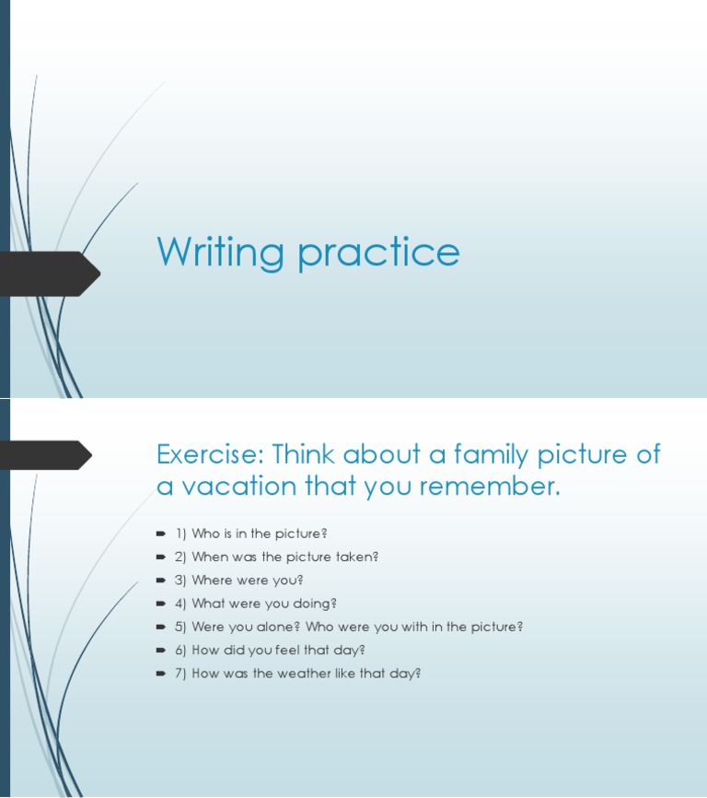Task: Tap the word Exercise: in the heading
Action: [209, 454]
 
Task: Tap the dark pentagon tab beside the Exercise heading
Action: [46, 454]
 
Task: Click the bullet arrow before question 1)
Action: [161, 534]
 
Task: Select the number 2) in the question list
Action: [180, 557]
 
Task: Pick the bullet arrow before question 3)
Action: [161, 581]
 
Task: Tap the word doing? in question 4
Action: [314, 604]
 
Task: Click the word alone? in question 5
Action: [277, 627]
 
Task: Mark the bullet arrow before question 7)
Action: [161, 674]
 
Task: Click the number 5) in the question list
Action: [180, 627]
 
